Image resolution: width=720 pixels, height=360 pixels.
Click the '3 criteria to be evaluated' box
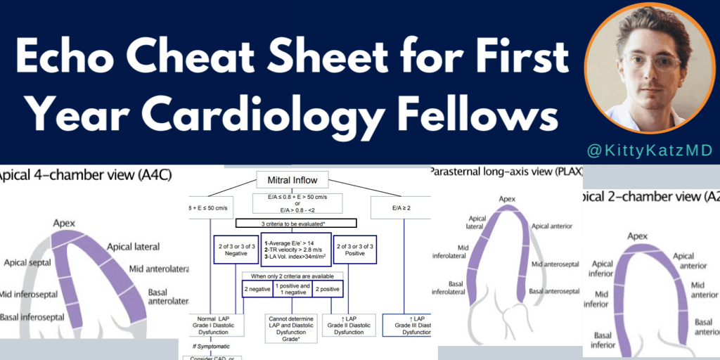(295, 224)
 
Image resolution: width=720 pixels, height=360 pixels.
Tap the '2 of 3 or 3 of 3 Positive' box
(354, 250)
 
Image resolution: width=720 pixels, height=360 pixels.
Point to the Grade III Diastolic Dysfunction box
(408, 326)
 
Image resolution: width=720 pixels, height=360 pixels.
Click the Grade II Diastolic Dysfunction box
(348, 326)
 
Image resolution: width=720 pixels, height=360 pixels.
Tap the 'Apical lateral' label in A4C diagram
(133, 247)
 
